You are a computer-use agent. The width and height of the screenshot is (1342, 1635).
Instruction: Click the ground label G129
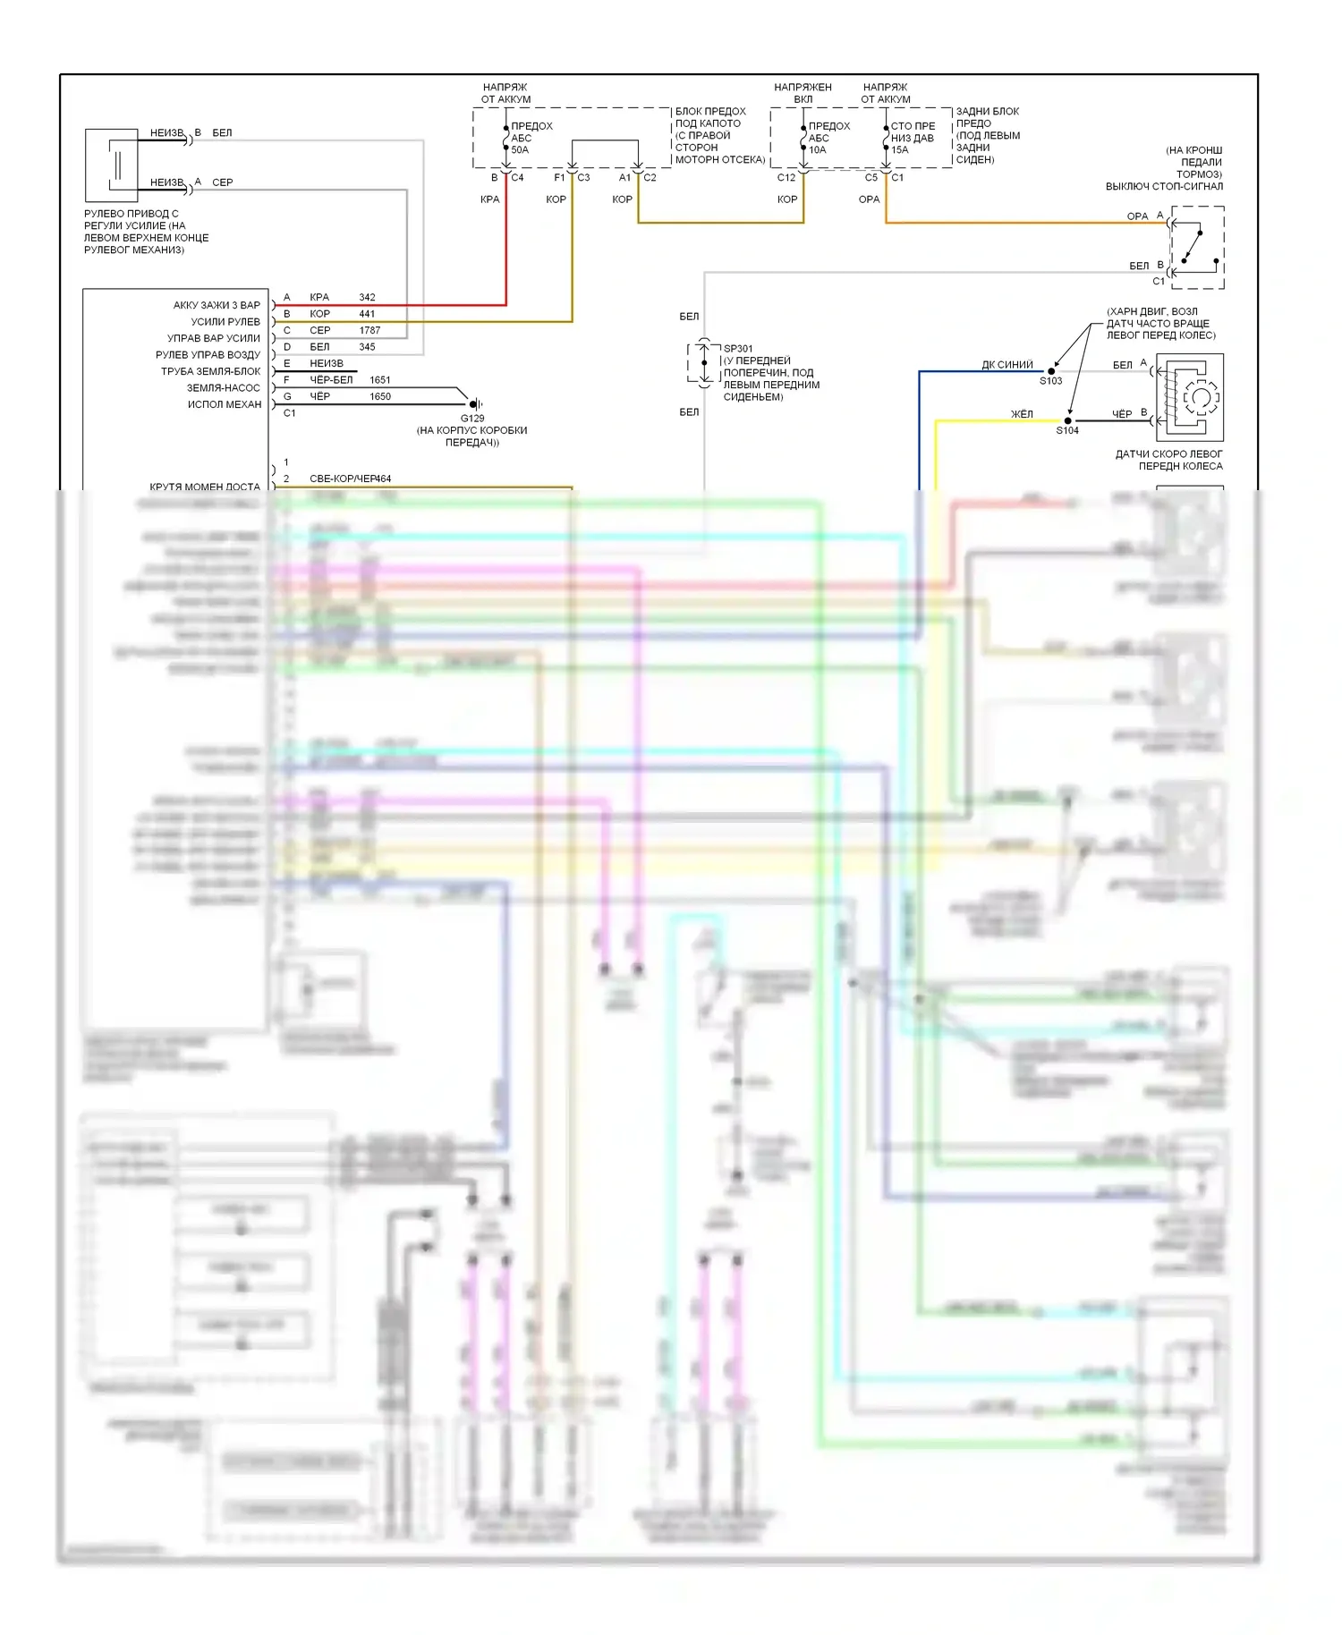coord(472,418)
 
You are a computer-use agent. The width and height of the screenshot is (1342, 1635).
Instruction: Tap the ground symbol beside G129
coord(477,404)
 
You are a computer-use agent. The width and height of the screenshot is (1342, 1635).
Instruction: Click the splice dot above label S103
coord(1052,371)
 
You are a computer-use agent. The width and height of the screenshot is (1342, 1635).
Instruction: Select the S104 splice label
coord(1067,430)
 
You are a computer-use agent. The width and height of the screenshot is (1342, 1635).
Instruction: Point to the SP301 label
coord(738,349)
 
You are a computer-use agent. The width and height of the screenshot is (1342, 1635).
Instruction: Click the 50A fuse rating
coord(520,149)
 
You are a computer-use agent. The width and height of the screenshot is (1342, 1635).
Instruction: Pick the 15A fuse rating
coord(899,149)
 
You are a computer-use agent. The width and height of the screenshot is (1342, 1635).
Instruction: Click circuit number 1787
coord(369,330)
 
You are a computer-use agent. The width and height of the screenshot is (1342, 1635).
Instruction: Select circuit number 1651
coord(379,379)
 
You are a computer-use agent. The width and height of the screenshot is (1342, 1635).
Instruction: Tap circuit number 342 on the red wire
coord(367,297)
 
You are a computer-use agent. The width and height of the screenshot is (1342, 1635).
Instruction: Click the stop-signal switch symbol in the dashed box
coord(1197,248)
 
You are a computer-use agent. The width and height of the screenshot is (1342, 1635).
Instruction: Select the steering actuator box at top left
coord(112,165)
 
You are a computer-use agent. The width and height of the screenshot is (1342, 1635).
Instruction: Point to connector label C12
coord(786,177)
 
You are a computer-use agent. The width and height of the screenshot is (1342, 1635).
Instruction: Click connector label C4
coord(517,177)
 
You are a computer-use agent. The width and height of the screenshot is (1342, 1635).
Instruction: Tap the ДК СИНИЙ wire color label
coord(1007,364)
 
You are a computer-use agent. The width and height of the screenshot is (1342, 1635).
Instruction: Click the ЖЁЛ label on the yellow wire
coord(1022,414)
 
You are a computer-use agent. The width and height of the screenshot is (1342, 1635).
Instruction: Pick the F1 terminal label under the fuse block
coord(559,177)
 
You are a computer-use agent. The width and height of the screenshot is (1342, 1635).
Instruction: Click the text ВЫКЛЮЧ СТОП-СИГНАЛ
coord(1164,186)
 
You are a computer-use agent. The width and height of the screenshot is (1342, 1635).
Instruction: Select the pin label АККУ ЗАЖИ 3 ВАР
coord(217,305)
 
